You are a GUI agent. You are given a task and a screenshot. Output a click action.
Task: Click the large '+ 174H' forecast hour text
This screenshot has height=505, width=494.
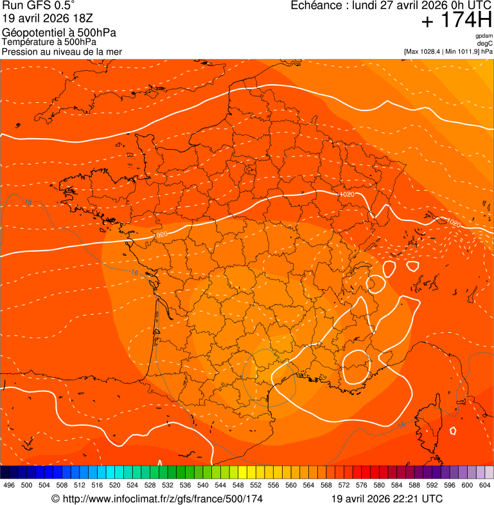pos(456,21)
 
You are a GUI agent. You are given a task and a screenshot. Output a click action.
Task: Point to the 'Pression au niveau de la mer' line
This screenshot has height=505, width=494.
pos(62,51)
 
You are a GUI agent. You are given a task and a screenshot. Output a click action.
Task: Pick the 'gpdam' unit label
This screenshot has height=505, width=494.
pos(484,36)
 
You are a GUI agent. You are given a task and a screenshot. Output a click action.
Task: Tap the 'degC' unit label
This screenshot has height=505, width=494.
pos(486,43)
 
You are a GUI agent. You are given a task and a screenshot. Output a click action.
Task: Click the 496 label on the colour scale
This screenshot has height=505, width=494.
pos(9,485)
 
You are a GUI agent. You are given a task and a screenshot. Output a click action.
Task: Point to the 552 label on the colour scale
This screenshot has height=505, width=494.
pos(256,485)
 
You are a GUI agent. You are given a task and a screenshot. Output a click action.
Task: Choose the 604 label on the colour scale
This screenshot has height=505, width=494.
pos(484,485)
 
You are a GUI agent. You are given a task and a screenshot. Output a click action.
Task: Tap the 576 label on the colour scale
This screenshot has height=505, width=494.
pos(361,485)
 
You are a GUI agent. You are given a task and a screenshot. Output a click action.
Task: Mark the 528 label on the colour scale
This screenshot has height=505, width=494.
pos(150,485)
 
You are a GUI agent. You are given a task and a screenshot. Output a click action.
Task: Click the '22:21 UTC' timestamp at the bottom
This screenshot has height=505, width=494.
pos(419,499)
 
